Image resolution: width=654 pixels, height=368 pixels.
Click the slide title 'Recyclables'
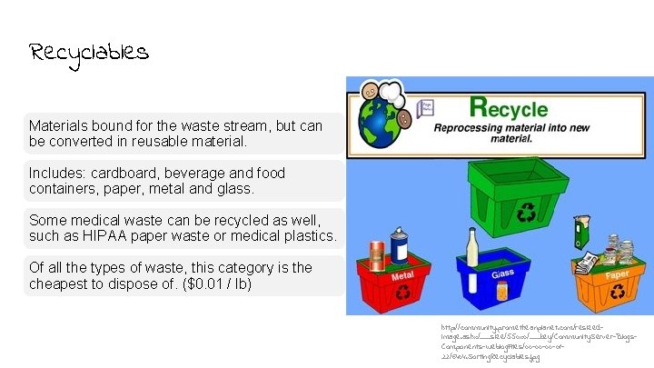88,53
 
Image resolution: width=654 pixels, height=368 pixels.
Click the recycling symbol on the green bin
527,214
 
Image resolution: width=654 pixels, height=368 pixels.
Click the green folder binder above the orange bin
580,232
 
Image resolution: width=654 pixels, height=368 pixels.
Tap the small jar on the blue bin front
502,291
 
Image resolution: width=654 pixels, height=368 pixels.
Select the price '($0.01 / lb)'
205,284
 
